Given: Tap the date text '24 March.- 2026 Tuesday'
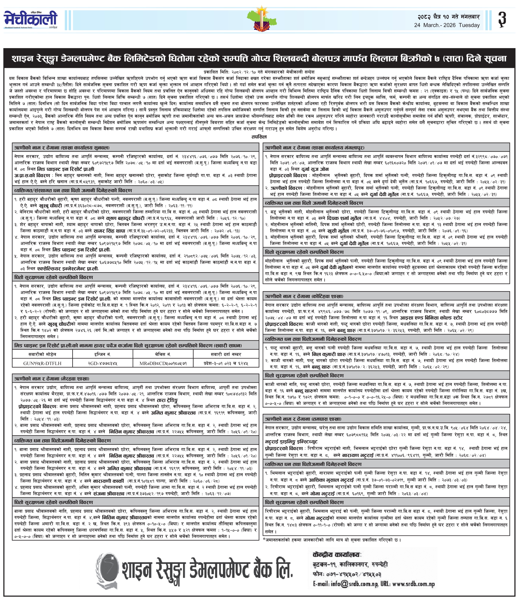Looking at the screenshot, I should (x=447, y=25).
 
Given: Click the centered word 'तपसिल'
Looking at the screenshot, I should (x=259, y=137).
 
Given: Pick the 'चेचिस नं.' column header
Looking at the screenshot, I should (x=163, y=354).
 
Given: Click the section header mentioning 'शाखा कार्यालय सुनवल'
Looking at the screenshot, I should (x=62, y=147).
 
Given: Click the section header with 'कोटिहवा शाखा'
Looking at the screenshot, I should (x=304, y=296).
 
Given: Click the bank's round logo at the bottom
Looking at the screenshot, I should (x=108, y=569).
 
